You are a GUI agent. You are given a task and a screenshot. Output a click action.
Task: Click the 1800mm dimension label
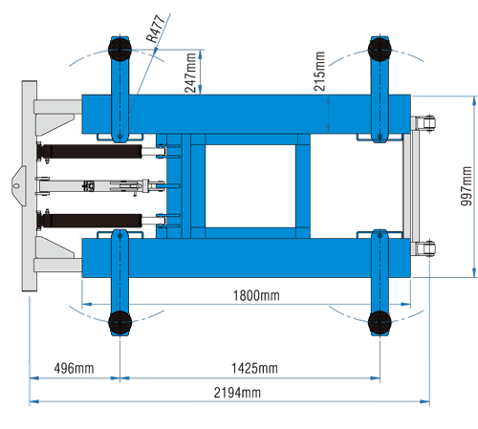click(256, 295)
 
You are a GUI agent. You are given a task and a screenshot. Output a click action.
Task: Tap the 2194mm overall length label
click(237, 393)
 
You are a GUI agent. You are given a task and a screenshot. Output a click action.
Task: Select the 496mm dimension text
click(74, 368)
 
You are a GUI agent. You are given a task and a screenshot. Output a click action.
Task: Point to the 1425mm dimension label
click(254, 368)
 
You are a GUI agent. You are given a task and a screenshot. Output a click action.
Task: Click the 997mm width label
click(467, 186)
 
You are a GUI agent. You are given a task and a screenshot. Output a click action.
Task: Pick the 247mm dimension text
click(190, 73)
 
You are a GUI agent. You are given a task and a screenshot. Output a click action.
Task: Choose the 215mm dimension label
click(319, 72)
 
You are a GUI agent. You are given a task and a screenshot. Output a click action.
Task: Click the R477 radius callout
click(156, 29)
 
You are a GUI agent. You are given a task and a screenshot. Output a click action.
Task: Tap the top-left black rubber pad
click(119, 50)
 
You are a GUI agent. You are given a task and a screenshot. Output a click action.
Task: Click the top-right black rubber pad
click(380, 50)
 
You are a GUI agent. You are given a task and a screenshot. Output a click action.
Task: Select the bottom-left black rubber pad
click(119, 322)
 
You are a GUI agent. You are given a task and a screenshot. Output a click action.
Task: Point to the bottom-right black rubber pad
click(380, 322)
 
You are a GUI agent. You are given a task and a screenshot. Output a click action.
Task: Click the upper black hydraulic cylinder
click(92, 151)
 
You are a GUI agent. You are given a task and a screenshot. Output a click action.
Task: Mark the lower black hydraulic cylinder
click(92, 221)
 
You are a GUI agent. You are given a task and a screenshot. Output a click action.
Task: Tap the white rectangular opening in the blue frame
click(250, 186)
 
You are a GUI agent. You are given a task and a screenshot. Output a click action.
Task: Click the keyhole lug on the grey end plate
click(18, 186)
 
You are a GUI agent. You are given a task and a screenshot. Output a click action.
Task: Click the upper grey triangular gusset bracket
click(54, 124)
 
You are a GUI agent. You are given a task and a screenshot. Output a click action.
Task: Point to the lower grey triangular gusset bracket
click(54, 247)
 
